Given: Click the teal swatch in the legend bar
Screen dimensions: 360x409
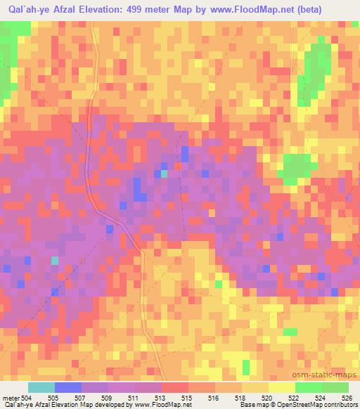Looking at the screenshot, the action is (41, 387).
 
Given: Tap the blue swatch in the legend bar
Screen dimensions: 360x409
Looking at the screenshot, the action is (67, 387).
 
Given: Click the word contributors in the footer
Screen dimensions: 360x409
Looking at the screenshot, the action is (337, 405).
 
